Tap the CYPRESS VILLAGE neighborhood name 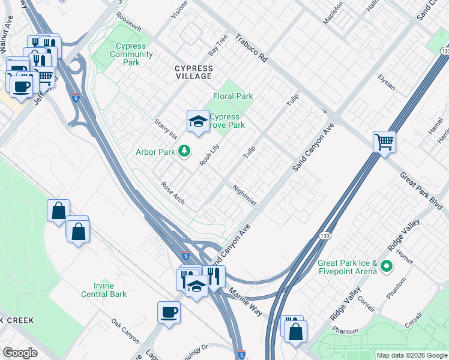click(193, 72)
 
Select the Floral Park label click(233, 96)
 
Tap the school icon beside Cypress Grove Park click(197, 122)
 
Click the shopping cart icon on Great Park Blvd click(384, 143)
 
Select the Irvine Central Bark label click(104, 290)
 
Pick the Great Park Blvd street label click(421, 190)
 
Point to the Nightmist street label click(244, 195)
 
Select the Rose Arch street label click(173, 193)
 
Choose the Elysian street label click(386, 82)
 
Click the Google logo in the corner click(20, 353)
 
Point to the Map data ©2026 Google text click(411, 355)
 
